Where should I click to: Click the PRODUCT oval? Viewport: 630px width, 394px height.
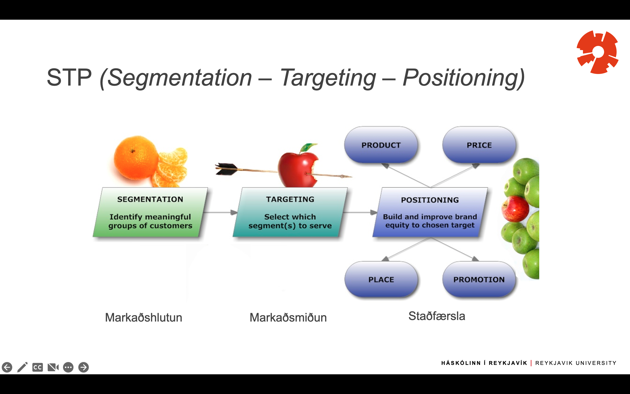point(381,145)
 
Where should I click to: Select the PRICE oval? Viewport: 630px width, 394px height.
point(479,145)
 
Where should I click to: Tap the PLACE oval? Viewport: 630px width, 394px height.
point(381,279)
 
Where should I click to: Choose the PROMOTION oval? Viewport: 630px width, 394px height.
point(479,279)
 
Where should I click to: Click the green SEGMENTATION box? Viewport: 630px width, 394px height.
point(150,212)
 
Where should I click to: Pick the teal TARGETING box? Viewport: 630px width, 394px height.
point(290,212)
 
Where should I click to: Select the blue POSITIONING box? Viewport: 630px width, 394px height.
point(430,212)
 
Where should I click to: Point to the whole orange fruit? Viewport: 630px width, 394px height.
point(136,158)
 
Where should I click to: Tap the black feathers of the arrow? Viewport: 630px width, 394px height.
point(226,169)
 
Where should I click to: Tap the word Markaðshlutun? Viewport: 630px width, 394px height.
point(143,317)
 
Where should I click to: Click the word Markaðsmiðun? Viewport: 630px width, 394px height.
point(288,317)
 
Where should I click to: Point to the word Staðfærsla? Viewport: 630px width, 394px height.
point(437,316)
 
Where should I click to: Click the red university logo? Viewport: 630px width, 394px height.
point(597,52)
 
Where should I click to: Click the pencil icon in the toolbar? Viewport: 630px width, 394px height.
point(22,367)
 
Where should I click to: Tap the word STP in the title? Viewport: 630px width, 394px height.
point(69,77)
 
